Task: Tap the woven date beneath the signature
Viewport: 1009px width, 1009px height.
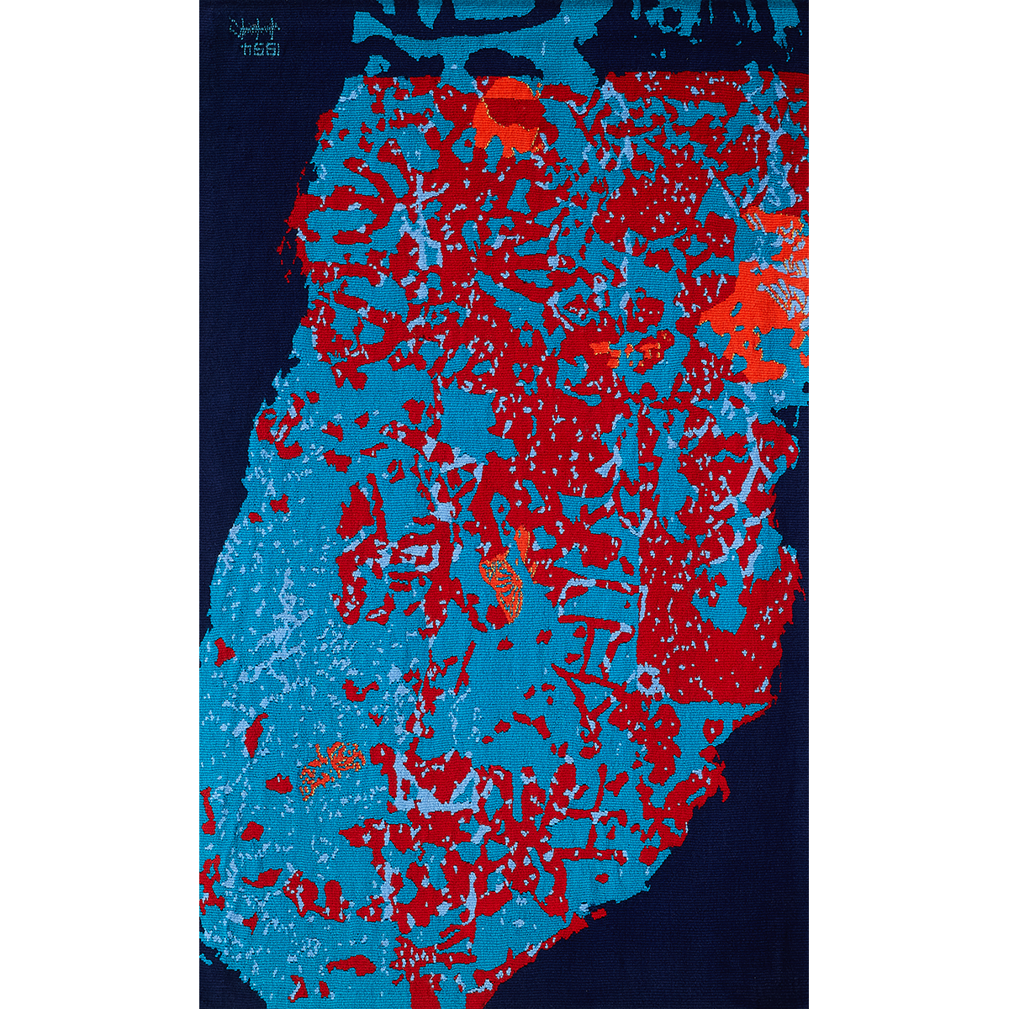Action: (258, 51)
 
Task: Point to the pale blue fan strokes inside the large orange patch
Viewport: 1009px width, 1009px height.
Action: (782, 294)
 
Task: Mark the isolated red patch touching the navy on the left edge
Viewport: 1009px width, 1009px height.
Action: (223, 652)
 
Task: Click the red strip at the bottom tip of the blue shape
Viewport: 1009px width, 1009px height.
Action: (429, 992)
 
